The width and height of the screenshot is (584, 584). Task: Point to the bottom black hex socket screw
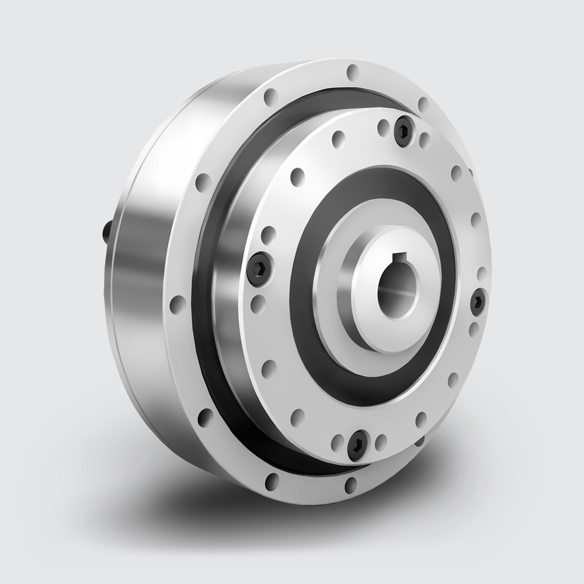(357, 446)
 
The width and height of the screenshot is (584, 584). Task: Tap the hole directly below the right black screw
(474, 327)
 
